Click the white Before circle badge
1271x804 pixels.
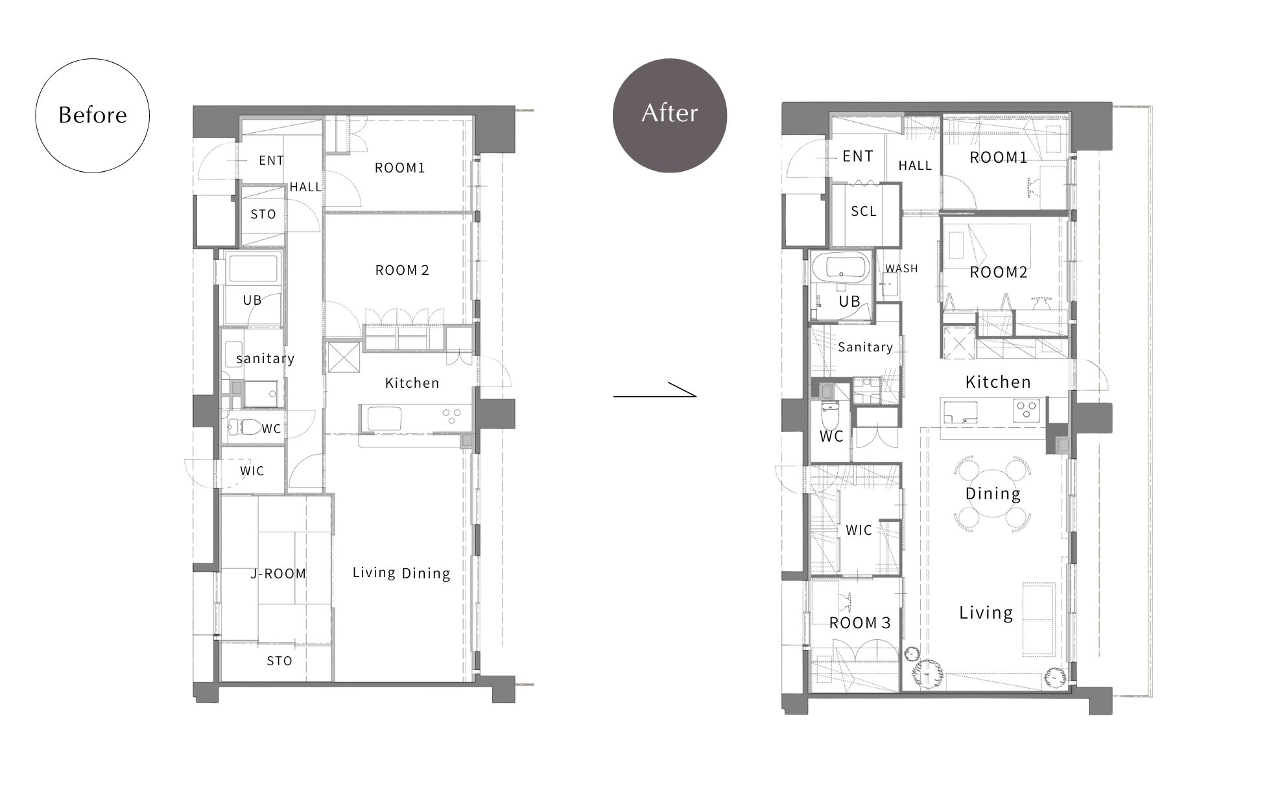[93, 115]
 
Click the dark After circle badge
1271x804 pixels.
[670, 115]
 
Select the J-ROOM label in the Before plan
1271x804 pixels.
[278, 574]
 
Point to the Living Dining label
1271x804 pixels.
[401, 573]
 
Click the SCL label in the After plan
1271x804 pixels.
[864, 211]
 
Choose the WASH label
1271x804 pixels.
[901, 268]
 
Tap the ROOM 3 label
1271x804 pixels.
[860, 623]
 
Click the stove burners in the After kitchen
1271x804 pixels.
[1026, 409]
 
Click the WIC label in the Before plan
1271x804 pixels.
[252, 471]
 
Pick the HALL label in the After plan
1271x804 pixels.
[915, 166]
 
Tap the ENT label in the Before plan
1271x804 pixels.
[271, 161]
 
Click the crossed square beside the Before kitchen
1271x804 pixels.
[343, 358]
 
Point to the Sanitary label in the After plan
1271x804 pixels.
[865, 348]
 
